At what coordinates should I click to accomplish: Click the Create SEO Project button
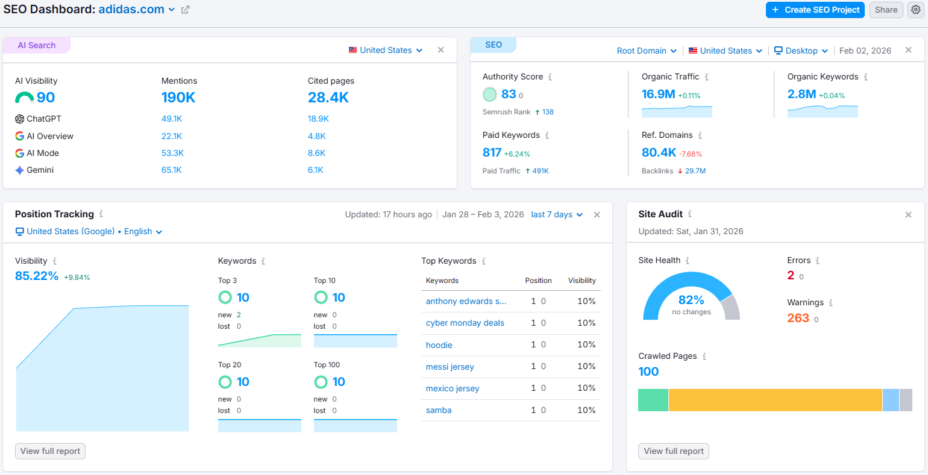(815, 10)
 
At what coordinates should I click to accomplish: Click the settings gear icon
(915, 10)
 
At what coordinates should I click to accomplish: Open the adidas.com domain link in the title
(131, 10)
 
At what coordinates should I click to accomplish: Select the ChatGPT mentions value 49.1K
(172, 119)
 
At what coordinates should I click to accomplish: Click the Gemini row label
(40, 170)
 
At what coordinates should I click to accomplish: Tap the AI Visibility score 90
(45, 98)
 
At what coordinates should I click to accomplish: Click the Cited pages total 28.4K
(328, 98)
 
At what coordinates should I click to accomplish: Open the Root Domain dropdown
(647, 51)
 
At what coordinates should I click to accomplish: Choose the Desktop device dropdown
(801, 51)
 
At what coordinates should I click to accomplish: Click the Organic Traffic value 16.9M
(658, 94)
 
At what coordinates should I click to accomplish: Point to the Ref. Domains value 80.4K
(659, 153)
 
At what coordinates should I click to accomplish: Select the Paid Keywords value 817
(492, 153)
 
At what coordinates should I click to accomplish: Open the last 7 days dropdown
(557, 214)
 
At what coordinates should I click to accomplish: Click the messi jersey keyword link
(450, 367)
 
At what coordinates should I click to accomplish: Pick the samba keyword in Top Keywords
(439, 410)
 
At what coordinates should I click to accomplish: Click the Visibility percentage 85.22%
(37, 276)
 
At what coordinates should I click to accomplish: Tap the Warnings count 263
(798, 318)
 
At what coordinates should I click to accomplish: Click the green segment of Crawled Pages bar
(653, 400)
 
